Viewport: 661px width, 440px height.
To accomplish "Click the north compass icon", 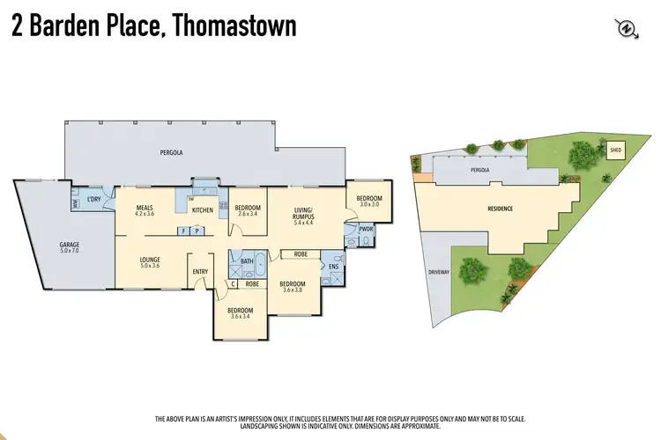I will tap(626, 28).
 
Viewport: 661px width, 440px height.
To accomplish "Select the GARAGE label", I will tap(70, 246).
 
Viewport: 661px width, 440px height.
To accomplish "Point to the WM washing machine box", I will tap(77, 204).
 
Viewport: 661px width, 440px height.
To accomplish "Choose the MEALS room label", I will tap(145, 209).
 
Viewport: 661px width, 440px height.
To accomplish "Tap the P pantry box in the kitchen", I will tap(197, 231).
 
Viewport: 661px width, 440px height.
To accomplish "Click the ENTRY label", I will tap(201, 271).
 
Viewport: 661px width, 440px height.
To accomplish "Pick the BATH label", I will tap(247, 261).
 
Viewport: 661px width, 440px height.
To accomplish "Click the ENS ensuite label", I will tap(333, 266).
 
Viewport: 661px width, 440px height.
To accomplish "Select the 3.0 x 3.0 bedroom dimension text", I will tap(367, 204).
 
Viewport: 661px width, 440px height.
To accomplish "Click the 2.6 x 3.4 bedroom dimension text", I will tap(248, 213).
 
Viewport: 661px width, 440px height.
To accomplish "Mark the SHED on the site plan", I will tap(615, 150).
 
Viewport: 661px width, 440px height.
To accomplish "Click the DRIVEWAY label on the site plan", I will tap(438, 272).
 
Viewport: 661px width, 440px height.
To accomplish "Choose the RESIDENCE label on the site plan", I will tap(500, 209).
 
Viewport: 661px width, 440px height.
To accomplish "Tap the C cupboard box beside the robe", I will tap(233, 284).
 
